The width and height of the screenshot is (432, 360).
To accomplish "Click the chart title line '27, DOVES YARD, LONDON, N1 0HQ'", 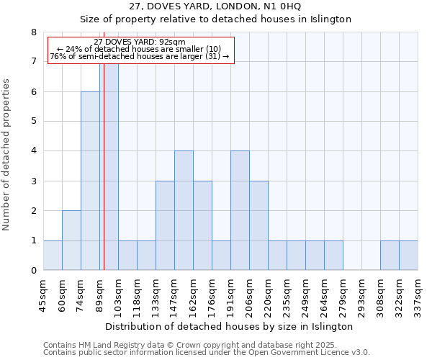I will [x=215, y=6].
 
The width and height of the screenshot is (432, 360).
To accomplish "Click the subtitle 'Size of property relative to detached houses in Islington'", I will [x=215, y=19].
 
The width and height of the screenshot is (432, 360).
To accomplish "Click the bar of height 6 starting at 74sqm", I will [x=90, y=181].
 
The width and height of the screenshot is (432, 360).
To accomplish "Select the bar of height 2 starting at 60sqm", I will [x=71, y=240].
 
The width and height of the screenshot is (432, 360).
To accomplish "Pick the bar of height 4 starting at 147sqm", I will [x=184, y=210].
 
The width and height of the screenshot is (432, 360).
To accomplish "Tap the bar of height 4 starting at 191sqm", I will [x=240, y=210].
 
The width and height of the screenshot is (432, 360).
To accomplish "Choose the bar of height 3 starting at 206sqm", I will [x=258, y=225].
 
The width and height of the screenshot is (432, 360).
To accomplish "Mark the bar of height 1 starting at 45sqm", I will [x=53, y=256].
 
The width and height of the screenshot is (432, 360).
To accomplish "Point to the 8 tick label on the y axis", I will [x=33, y=32].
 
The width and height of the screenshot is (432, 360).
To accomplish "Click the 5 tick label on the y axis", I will [x=33, y=122].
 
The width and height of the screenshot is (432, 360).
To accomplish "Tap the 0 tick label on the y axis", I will [x=33, y=271].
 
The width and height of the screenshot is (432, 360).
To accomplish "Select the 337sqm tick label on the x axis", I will [x=418, y=293].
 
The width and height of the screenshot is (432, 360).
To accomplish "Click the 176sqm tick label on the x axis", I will [x=212, y=293].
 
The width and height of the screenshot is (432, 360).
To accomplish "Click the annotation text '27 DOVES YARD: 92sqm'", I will [x=140, y=42].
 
